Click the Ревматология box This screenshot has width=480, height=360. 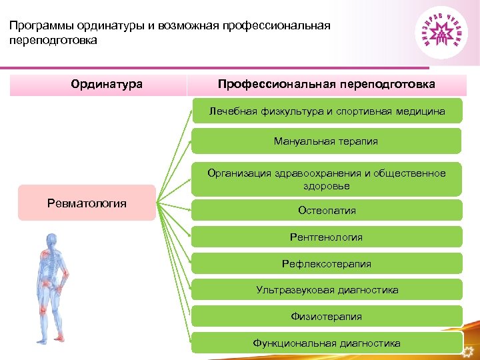coord(87,203)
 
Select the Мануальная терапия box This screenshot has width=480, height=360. coord(326,141)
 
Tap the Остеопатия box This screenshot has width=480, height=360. coord(326,210)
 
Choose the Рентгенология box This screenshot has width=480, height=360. coord(326,237)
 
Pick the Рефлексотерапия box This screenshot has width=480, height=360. coord(326,263)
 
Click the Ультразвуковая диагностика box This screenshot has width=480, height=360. coord(326,290)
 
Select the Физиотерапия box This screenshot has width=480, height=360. coord(326,317)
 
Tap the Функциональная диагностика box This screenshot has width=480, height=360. coord(326,343)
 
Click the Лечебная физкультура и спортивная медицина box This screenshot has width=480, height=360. coord(326,111)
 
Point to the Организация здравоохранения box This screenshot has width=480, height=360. coord(326,179)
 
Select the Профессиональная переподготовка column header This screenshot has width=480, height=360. coord(326,85)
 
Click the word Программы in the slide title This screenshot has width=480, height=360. coord(41,26)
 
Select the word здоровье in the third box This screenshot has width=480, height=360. coord(326,186)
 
